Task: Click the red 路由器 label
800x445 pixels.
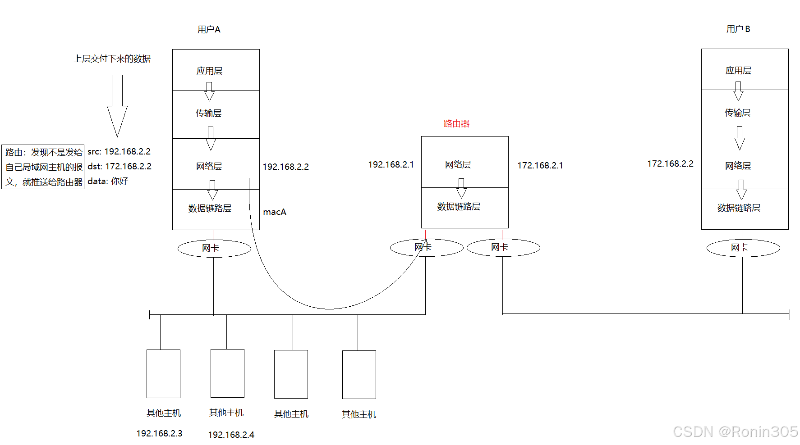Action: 456,123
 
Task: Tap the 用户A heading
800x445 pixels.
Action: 209,30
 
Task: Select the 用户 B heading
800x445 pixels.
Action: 738,29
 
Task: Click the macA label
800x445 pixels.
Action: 275,212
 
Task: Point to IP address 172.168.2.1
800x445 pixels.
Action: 540,166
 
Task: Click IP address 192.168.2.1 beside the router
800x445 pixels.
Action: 391,165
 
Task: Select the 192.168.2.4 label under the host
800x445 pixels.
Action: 231,435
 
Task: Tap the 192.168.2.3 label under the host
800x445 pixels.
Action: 159,433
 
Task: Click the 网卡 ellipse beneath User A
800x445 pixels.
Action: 214,248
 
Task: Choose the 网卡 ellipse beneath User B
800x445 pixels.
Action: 743,248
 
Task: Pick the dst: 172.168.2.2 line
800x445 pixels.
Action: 120,167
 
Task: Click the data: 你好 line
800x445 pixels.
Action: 108,182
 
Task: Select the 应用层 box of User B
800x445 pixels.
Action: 745,70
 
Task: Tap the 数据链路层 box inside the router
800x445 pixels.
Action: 464,208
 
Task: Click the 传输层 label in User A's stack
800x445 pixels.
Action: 208,114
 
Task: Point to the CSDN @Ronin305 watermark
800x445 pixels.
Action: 735,431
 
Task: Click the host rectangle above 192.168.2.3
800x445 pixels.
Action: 163,373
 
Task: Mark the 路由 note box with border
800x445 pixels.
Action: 43,167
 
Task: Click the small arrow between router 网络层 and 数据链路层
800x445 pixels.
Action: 461,188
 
